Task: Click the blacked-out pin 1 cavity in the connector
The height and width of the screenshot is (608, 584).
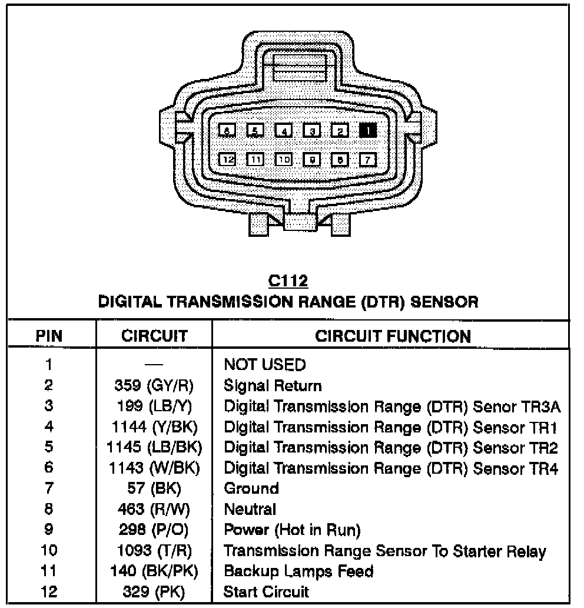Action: click(368, 130)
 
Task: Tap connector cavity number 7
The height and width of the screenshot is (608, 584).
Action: click(368, 159)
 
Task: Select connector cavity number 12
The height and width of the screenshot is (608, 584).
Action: click(227, 159)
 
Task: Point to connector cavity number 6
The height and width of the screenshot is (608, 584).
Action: click(227, 130)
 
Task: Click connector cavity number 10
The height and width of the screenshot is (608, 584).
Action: click(284, 159)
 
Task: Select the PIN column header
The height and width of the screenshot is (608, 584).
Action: click(49, 336)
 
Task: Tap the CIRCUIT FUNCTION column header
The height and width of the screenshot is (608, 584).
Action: click(393, 336)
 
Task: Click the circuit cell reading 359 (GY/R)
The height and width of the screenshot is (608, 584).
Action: click(154, 386)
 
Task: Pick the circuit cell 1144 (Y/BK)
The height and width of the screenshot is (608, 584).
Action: click(154, 427)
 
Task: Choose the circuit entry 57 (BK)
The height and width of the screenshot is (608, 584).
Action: click(154, 488)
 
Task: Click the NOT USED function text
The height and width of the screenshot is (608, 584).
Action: click(264, 365)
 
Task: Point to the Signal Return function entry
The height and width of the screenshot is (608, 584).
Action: click(273, 386)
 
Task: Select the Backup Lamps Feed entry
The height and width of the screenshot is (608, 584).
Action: click(298, 571)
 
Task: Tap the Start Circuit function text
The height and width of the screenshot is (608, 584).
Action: click(266, 592)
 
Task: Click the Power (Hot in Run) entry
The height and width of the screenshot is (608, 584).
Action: click(292, 530)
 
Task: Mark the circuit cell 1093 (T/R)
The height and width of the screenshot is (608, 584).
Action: click(154, 551)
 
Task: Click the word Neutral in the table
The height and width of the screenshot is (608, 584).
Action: click(250, 509)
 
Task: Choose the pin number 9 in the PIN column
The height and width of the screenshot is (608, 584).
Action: click(49, 530)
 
